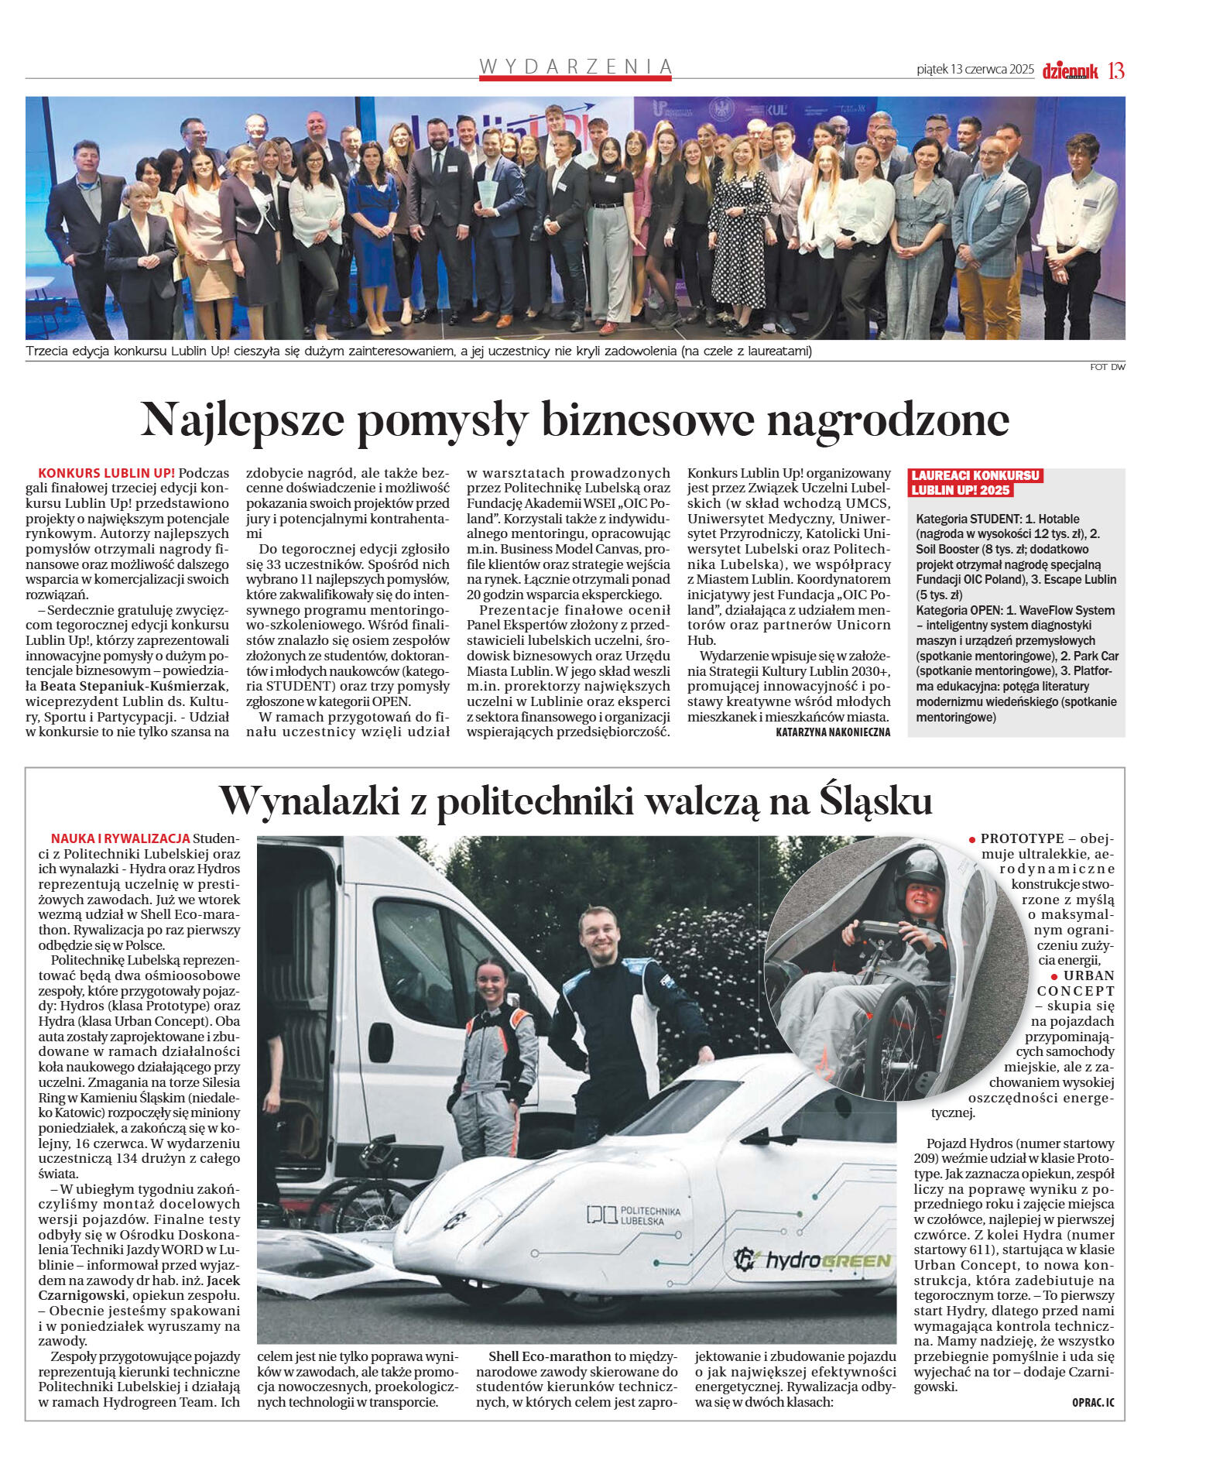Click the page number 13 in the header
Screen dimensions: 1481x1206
1115,70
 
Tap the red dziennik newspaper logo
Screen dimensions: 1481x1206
1070,71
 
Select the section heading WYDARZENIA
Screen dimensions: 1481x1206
575,67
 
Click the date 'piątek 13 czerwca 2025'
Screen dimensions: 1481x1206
975,70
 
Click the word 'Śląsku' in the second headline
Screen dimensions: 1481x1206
875,800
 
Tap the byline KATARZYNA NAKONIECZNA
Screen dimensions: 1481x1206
832,732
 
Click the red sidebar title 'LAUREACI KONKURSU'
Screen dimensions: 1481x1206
975,475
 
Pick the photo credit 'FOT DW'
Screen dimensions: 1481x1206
1107,367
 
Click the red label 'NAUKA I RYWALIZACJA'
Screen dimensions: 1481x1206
120,838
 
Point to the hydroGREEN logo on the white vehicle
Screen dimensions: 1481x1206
812,1260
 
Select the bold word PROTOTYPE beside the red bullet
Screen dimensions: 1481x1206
1022,838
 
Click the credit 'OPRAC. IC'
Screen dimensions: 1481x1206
1093,1402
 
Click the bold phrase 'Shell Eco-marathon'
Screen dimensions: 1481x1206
550,1356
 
